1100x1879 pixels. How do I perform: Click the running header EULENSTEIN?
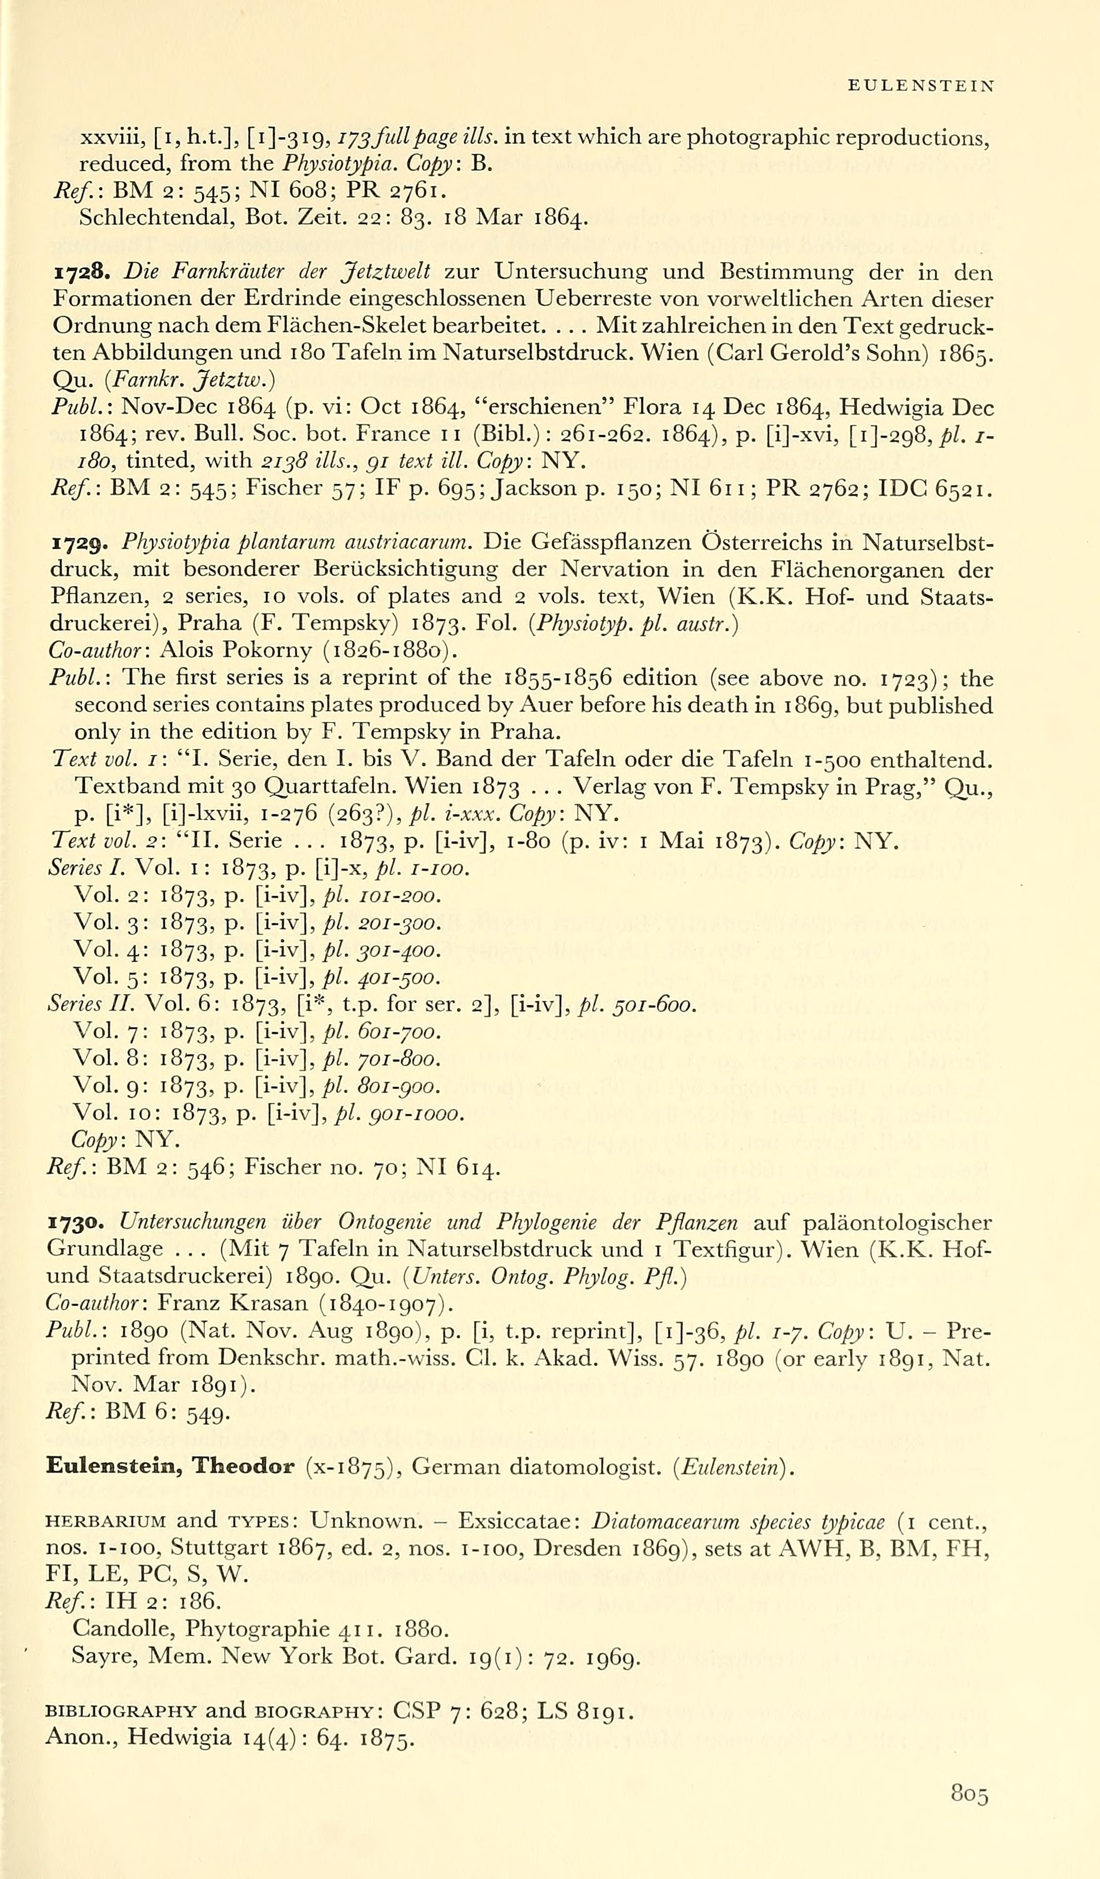[x=921, y=86]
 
